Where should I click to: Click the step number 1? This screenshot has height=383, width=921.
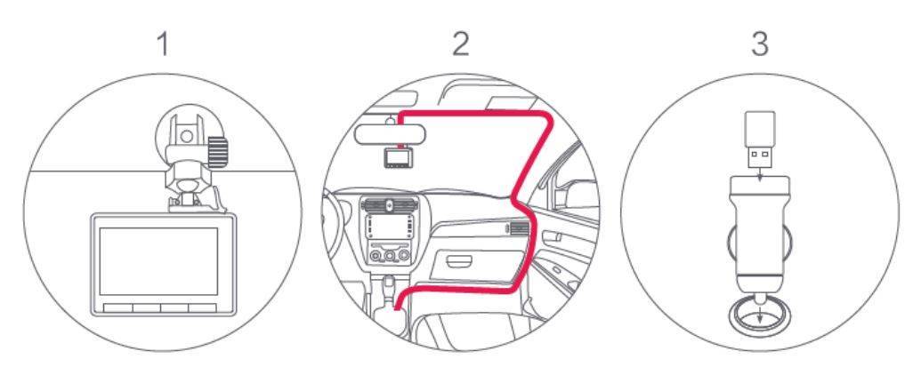point(164,44)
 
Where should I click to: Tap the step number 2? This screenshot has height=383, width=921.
point(461,44)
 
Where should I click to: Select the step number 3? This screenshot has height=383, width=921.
point(759,44)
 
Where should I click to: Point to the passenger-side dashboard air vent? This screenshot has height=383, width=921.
point(521,228)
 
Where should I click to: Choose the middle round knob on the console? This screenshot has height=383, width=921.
point(390,255)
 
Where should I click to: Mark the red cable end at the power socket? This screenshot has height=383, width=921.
point(398,305)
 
